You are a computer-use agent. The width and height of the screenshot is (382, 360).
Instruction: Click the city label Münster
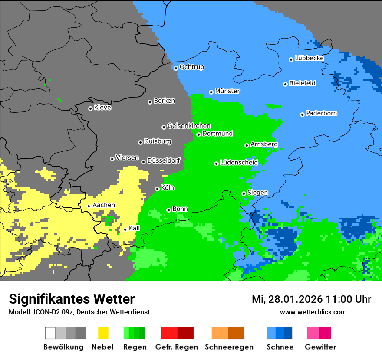click(x=227, y=91)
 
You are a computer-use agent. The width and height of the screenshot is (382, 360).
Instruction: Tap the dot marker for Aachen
click(x=89, y=206)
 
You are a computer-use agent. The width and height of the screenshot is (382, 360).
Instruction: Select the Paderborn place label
click(x=322, y=113)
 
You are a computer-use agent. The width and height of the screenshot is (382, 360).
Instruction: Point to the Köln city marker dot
click(x=157, y=189)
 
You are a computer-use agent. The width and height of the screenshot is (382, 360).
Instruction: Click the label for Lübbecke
click(x=309, y=58)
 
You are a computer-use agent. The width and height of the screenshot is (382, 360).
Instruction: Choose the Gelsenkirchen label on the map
click(x=189, y=126)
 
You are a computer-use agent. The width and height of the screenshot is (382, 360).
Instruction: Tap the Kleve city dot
click(x=90, y=108)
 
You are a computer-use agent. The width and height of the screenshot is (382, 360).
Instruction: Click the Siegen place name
click(x=257, y=193)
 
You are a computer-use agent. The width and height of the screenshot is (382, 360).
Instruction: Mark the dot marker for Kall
click(x=125, y=229)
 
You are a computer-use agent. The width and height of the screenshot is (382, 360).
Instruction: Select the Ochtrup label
click(x=191, y=67)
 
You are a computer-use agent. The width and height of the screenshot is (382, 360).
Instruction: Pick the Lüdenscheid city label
click(x=239, y=163)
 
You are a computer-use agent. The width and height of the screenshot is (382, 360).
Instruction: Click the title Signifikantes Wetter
click(x=72, y=299)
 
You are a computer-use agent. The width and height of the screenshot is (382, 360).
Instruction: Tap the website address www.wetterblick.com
click(x=313, y=312)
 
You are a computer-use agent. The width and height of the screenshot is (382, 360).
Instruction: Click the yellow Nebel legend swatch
click(x=103, y=333)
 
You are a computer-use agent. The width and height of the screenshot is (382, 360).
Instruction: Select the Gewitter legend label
click(x=320, y=347)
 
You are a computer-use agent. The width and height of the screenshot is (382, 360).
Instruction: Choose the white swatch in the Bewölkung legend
click(x=50, y=333)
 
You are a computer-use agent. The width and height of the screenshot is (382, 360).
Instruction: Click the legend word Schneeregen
click(x=229, y=347)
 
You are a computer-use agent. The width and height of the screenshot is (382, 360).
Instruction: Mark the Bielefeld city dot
click(x=285, y=84)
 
